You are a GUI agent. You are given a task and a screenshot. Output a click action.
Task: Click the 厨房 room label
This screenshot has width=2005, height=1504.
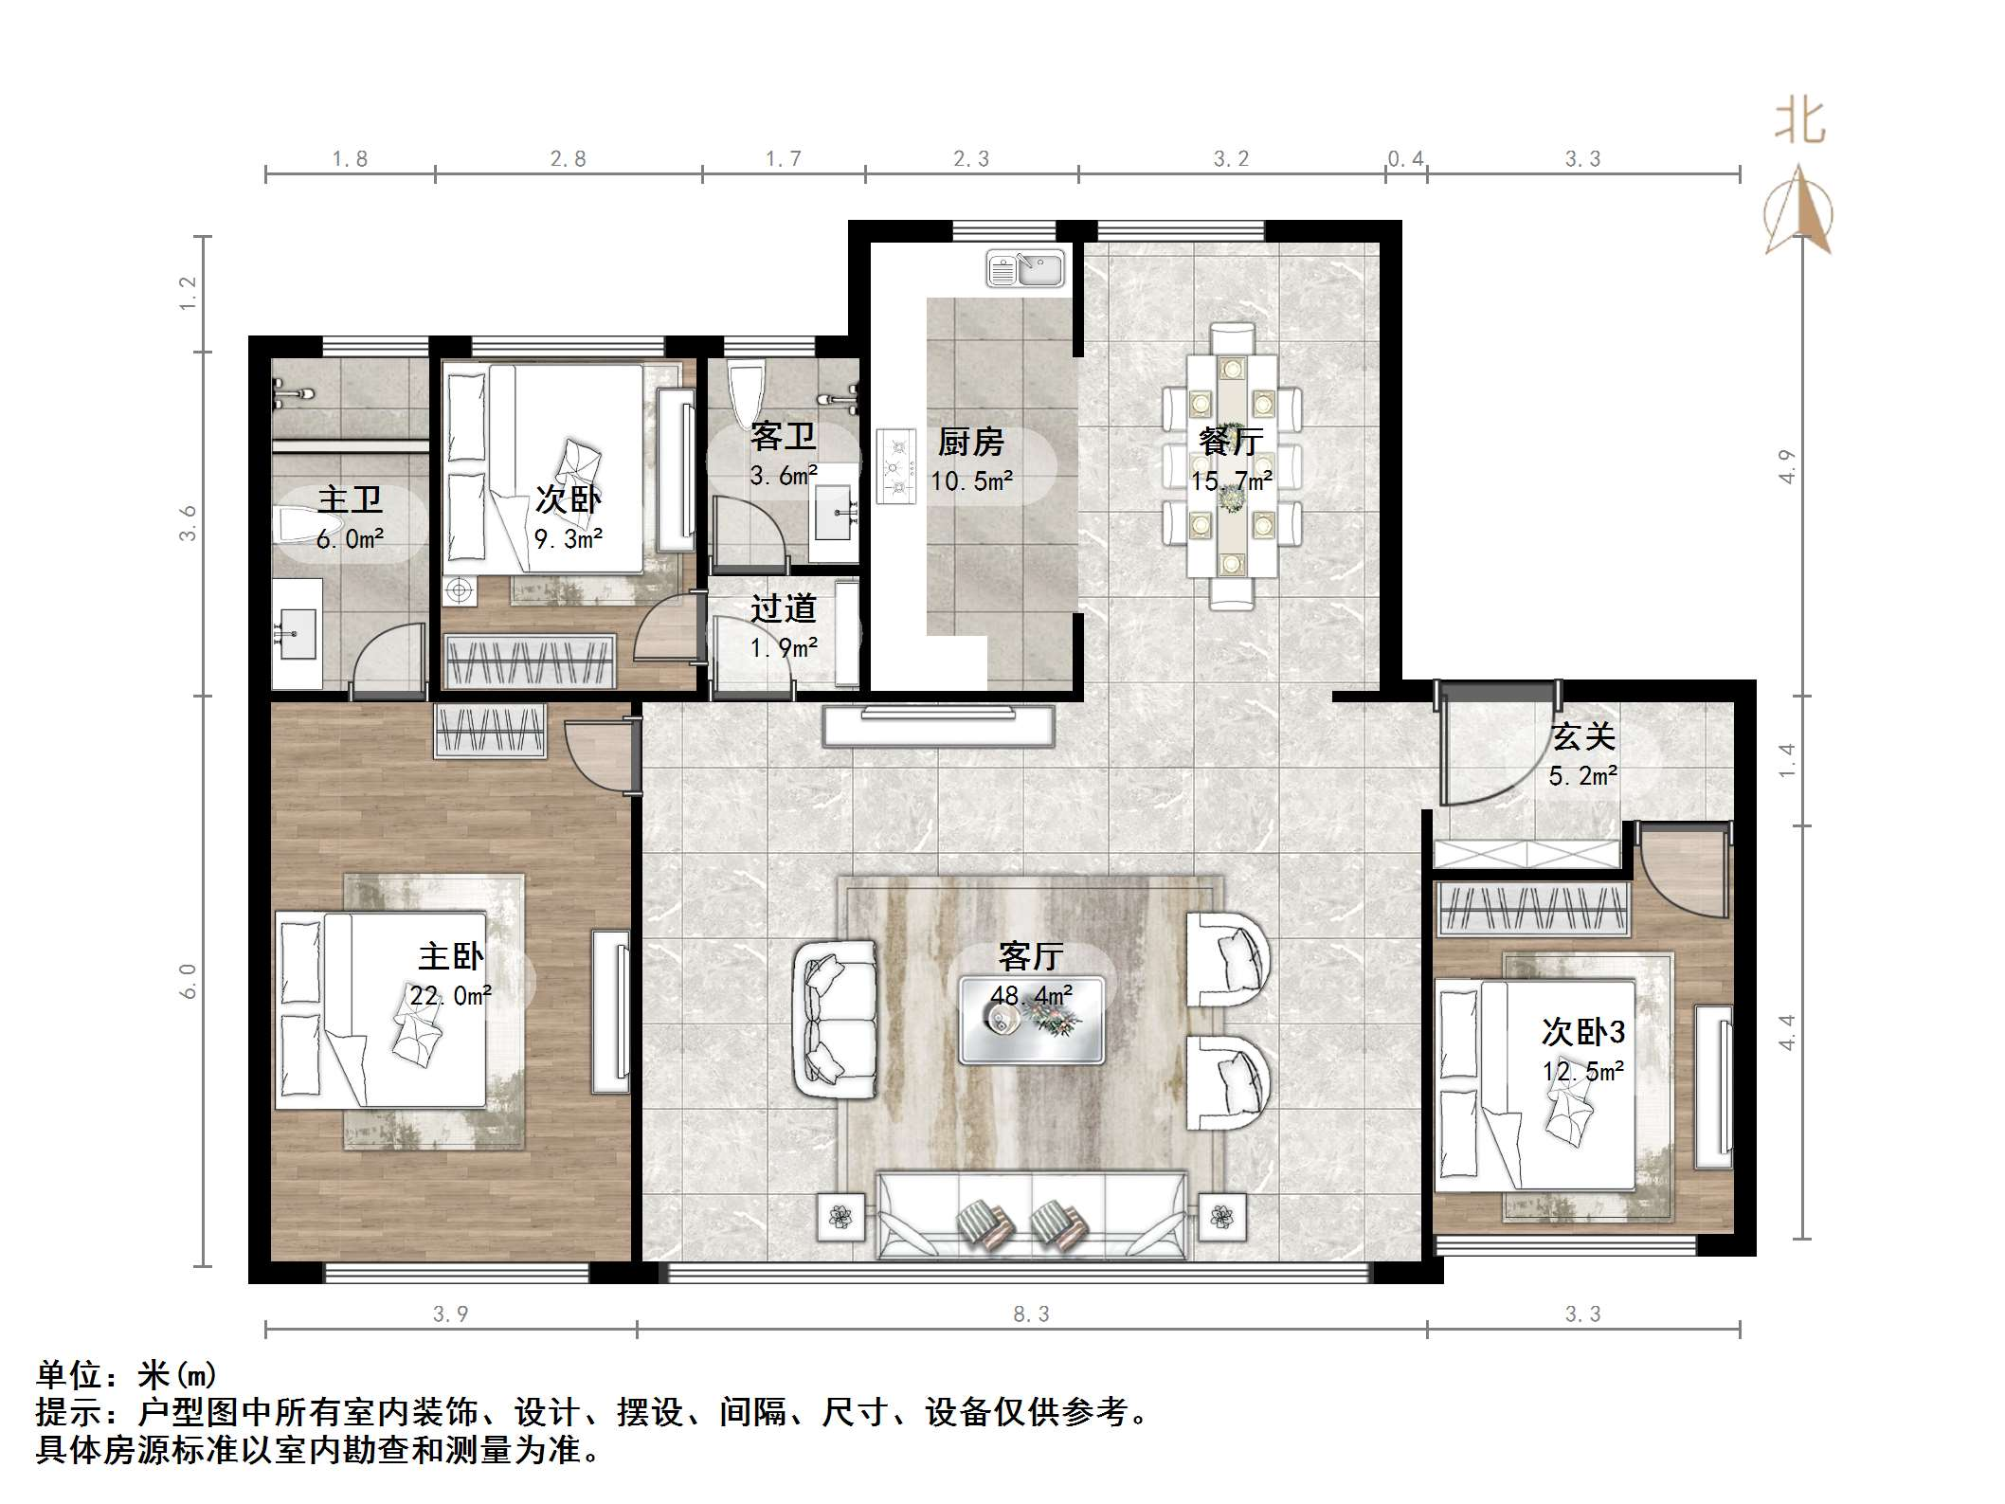coord(970,442)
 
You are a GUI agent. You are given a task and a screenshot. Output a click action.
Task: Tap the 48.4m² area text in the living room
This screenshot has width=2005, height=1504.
coord(1031,996)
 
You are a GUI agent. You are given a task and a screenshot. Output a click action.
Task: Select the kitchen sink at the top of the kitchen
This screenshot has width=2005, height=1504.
coord(1025,268)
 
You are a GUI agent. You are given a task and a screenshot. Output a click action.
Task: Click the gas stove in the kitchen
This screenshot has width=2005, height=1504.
coord(896,466)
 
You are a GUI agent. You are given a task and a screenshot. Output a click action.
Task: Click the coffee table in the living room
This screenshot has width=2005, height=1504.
coord(1031,1021)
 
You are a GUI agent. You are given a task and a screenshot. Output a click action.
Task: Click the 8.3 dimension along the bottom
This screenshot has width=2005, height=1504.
coord(1031,1314)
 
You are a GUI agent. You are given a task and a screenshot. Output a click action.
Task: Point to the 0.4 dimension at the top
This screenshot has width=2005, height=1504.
coord(1405,159)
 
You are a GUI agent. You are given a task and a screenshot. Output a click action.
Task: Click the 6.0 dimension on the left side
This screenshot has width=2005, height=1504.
coord(188,981)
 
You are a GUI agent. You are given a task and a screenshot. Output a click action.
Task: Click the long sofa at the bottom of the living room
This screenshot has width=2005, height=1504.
coord(1031,1216)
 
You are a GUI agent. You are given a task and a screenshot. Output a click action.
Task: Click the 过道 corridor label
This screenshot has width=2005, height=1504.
coord(783,608)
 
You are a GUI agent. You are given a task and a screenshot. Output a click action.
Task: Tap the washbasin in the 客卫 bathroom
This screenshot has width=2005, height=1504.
coord(833,513)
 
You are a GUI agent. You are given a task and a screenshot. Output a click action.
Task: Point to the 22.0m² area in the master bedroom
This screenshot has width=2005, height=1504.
coord(450,996)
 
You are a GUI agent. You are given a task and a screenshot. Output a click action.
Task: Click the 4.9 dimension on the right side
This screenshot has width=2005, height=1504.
coord(1787,466)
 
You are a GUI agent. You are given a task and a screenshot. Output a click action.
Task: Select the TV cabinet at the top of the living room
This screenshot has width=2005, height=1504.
coord(938,727)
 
